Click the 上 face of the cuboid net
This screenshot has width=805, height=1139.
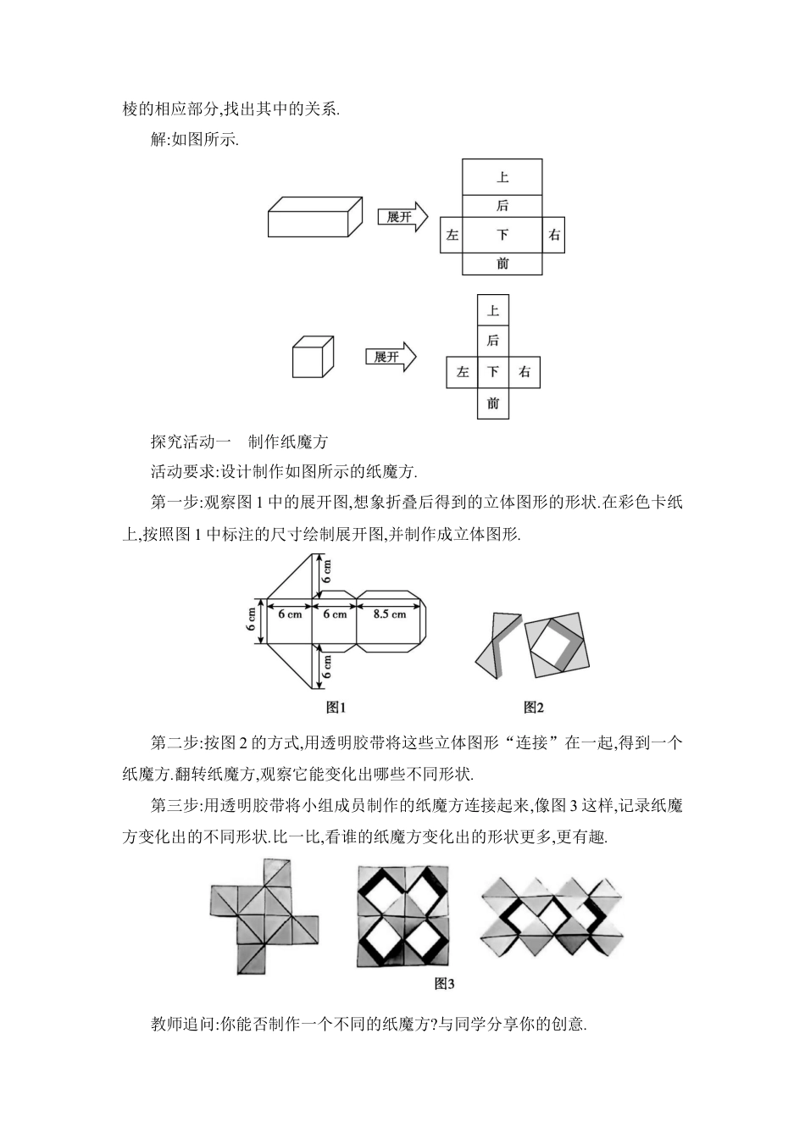click(502, 177)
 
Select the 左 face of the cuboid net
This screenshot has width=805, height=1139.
click(452, 235)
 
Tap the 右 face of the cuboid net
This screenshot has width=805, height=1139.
click(553, 235)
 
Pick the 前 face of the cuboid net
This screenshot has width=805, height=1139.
click(502, 264)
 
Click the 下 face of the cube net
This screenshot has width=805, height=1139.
click(493, 372)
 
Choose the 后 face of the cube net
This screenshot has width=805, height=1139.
click(493, 341)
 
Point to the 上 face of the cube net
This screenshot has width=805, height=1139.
click(493, 309)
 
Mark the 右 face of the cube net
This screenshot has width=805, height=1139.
click(525, 372)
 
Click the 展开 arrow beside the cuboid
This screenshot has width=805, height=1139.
click(401, 217)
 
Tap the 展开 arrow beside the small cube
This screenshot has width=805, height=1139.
click(390, 357)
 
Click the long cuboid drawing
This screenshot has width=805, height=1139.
click(315, 218)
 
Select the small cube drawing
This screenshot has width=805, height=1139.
click(313, 358)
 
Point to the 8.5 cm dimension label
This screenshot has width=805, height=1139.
click(389, 614)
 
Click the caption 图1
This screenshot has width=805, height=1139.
click(336, 707)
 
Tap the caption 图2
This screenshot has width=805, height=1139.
click(533, 707)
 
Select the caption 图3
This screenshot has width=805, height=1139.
click(444, 984)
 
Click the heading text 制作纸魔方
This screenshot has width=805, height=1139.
click(288, 442)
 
